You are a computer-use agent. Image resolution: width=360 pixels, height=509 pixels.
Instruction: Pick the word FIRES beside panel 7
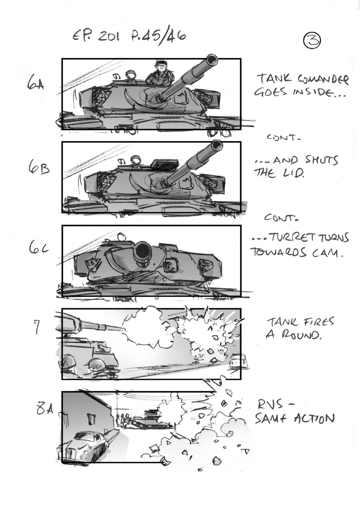point(315,322)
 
